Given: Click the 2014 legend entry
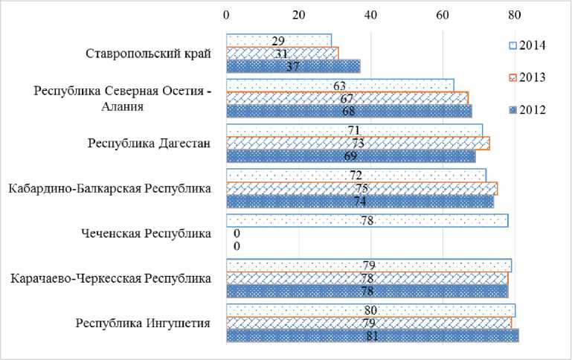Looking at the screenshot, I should tap(527, 45).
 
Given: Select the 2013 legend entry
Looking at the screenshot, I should tap(527, 77).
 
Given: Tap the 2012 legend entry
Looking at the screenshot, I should tap(527, 110).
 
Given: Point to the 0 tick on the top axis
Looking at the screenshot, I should tap(226, 14).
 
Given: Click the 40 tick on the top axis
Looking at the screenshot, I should tap(370, 14).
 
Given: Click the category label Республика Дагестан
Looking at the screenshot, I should tap(150, 143).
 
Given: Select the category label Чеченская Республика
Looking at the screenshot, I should tap(146, 234).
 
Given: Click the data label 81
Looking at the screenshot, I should tap(370, 336).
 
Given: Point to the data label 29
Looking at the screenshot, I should tap(279, 40).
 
